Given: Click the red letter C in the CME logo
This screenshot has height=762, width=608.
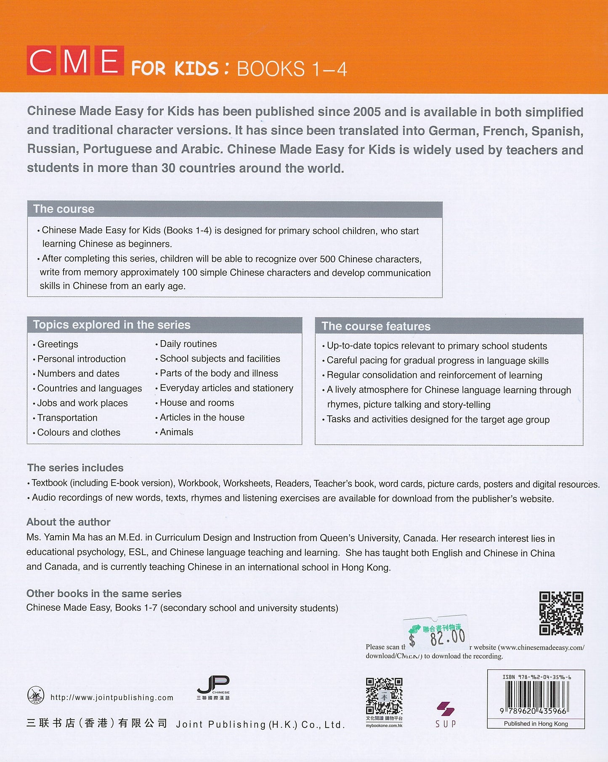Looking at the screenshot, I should pyautogui.click(x=41, y=61).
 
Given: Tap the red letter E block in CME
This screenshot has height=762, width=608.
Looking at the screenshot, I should pyautogui.click(x=109, y=61).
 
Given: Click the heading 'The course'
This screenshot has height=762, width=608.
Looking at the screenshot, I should pyautogui.click(x=64, y=209).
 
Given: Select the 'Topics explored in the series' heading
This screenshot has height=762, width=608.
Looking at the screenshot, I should pyautogui.click(x=112, y=325).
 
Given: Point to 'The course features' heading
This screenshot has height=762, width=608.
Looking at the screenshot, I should pyautogui.click(x=376, y=326).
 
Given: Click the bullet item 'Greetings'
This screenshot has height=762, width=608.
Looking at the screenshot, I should pyautogui.click(x=58, y=344).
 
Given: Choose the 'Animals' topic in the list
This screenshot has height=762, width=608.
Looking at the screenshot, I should pyautogui.click(x=176, y=432).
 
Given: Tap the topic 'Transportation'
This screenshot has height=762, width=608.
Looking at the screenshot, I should pyautogui.click(x=67, y=418).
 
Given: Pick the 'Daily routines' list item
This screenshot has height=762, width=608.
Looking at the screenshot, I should pyautogui.click(x=188, y=344).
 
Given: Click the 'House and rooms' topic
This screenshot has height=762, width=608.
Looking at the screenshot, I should pyautogui.click(x=197, y=402).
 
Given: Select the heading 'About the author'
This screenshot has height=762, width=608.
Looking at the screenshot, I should pyautogui.click(x=69, y=522).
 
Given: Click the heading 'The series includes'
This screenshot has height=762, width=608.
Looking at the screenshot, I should pyautogui.click(x=75, y=468).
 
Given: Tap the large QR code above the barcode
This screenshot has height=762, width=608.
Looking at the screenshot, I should pyautogui.click(x=561, y=613).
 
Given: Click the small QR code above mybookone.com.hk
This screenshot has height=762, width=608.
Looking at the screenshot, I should pyautogui.click(x=384, y=696).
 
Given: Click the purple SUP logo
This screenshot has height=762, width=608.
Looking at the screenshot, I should pyautogui.click(x=446, y=714).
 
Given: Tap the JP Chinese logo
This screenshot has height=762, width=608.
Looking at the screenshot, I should pyautogui.click(x=213, y=687).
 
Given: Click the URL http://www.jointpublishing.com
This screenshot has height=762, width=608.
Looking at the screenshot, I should pyautogui.click(x=112, y=698).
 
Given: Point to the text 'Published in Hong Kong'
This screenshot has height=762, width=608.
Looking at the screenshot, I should pyautogui.click(x=536, y=724).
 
